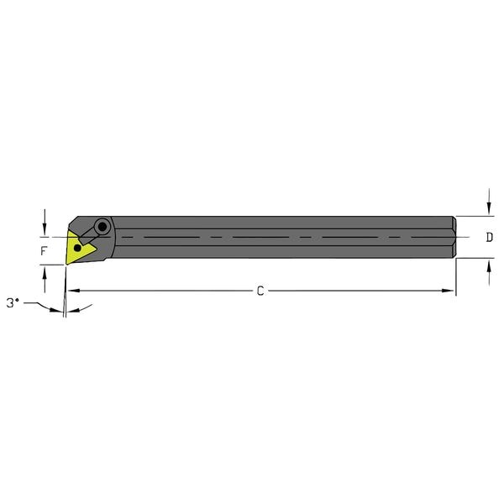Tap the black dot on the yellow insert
(79, 249)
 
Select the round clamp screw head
(103, 226)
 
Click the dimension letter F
(45, 250)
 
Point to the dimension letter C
(260, 291)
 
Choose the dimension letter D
(489, 238)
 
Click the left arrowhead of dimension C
(72, 291)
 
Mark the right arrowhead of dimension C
(449, 291)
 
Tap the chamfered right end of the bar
(453, 237)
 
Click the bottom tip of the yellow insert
(67, 264)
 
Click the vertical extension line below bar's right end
(455, 277)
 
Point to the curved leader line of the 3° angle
(38, 308)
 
